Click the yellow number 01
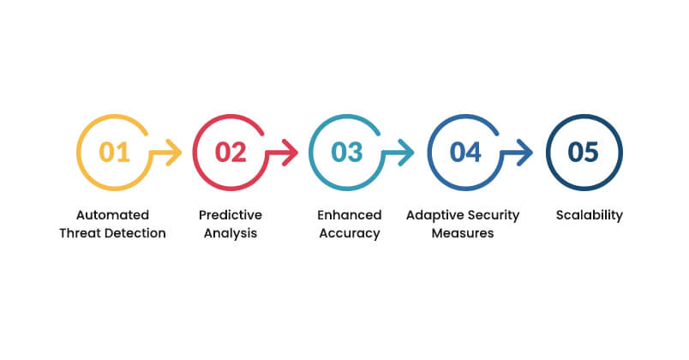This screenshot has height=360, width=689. [114, 153]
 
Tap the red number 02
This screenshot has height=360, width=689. [230, 153]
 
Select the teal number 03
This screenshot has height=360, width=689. [347, 153]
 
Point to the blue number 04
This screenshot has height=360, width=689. [465, 153]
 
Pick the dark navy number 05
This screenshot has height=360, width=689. [583, 153]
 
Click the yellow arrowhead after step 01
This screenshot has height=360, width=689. [176, 153]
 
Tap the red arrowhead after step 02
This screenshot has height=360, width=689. [291, 153]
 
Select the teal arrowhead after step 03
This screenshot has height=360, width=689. [408, 153]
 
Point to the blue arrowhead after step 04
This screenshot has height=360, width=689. [526, 153]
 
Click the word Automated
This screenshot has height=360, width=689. [112, 214]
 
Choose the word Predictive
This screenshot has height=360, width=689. [230, 214]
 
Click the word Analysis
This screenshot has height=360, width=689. [230, 233]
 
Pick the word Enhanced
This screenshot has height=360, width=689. [348, 214]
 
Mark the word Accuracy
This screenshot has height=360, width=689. [348, 233]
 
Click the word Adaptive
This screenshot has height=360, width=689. [435, 214]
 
